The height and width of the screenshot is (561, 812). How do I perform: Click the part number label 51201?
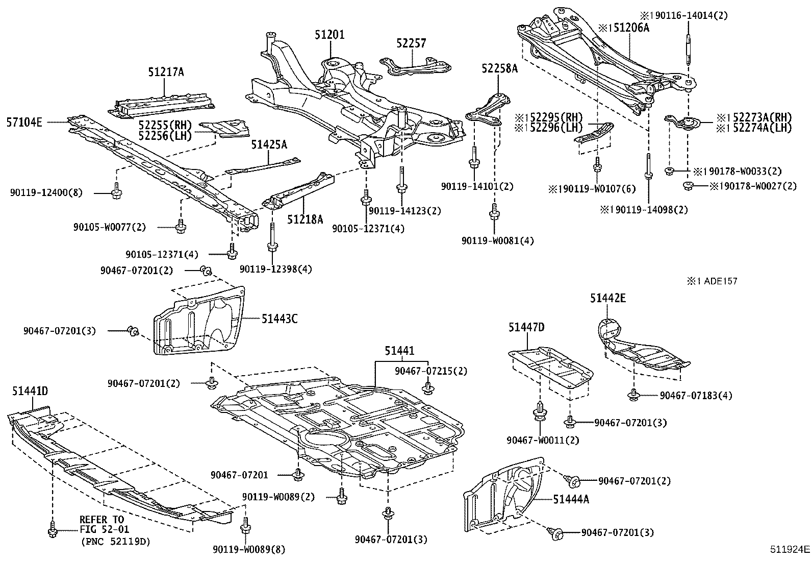[x=329, y=35]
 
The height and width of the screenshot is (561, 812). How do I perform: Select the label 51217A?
[x=166, y=72]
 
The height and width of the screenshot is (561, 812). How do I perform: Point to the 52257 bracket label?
[x=411, y=43]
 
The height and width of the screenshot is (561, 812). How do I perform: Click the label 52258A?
[x=499, y=68]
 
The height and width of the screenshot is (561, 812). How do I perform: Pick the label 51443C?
[x=280, y=319]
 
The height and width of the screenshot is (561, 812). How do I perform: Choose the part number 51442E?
[x=608, y=298]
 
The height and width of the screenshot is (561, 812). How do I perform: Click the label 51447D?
[x=526, y=327]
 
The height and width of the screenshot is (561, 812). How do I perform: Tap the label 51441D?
[x=30, y=391]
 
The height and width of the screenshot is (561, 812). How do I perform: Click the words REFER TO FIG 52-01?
[x=102, y=524]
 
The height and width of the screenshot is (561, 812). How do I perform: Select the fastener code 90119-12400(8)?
[x=46, y=192]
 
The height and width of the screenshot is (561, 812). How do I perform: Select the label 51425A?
[x=269, y=145]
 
